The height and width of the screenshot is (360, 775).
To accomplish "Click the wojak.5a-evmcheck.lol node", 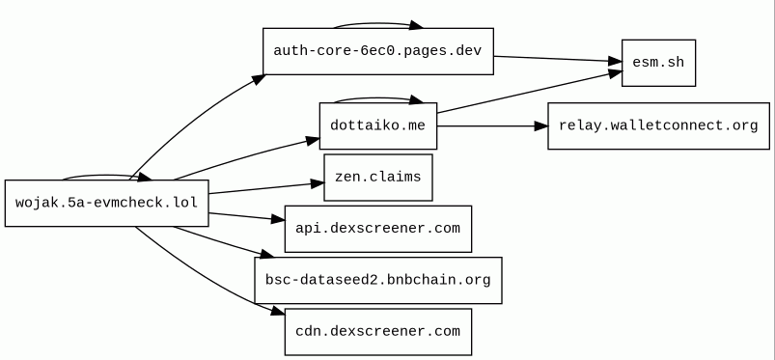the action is pyautogui.click(x=107, y=204).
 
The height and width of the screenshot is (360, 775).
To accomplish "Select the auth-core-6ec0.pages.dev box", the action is pyautogui.click(x=378, y=51).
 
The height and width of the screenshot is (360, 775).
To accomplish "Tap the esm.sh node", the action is pyautogui.click(x=658, y=63).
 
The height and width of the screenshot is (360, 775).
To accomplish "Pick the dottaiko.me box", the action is pyautogui.click(x=378, y=125).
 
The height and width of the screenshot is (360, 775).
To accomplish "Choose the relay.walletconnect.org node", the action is pyautogui.click(x=658, y=125).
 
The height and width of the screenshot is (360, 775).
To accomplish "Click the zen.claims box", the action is pyautogui.click(x=378, y=177).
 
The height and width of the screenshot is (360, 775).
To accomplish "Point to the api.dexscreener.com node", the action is pyautogui.click(x=378, y=229).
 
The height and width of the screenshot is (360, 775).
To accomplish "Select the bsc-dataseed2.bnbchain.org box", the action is pyautogui.click(x=378, y=280).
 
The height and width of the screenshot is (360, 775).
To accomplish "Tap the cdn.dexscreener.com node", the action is pyautogui.click(x=378, y=331).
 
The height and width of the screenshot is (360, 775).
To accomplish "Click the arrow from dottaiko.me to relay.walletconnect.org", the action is pyautogui.click(x=492, y=126).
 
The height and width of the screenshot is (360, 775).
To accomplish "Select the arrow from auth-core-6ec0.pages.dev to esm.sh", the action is pyautogui.click(x=558, y=59).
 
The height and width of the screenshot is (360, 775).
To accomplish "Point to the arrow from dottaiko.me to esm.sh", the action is pyautogui.click(x=529, y=93).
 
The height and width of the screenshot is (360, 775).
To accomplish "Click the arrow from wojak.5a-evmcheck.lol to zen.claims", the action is pyautogui.click(x=266, y=188).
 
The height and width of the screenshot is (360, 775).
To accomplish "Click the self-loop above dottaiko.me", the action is pyautogui.click(x=378, y=98).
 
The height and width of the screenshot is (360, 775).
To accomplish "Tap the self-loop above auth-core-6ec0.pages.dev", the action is pyautogui.click(x=378, y=24).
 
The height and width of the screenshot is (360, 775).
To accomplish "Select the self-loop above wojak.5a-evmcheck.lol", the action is pyautogui.click(x=107, y=176).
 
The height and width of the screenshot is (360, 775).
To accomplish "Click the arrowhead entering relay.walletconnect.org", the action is pyautogui.click(x=541, y=126).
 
